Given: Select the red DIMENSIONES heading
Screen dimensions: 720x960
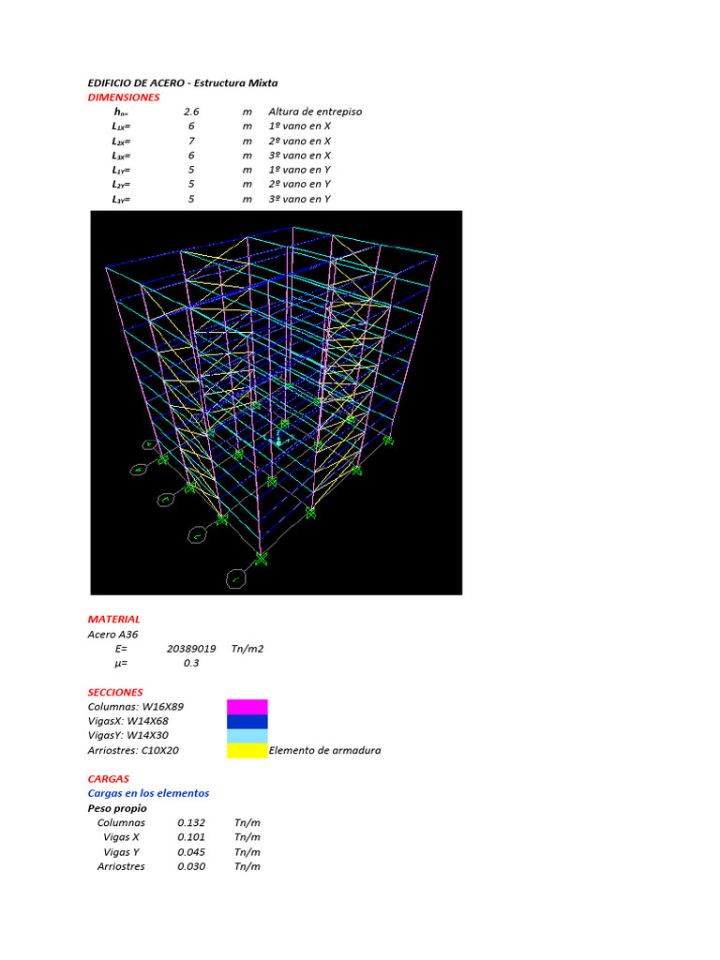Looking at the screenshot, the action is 123,97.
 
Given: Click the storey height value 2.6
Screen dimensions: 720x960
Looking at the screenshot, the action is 191,112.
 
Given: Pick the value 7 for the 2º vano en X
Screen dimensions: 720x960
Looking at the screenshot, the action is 191,141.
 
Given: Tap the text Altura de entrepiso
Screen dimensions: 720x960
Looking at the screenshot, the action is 314,112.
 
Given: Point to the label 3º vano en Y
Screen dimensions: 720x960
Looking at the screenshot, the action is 299,199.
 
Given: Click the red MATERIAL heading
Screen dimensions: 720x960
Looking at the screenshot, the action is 113,619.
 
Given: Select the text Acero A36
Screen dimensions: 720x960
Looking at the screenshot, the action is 112,634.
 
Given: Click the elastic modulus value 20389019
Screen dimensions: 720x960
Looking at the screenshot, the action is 191,648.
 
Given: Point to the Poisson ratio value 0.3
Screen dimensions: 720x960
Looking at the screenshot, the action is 191,663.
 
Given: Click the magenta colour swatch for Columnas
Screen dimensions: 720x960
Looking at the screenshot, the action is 247,706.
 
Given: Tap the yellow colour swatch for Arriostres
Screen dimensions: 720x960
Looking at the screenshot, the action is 247,750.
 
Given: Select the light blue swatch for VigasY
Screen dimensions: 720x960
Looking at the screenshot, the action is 247,736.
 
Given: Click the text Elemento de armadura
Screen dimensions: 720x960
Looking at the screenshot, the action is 324,750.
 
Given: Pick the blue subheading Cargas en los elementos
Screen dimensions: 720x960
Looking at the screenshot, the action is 148,793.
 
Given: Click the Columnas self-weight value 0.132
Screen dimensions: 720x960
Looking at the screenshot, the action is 191,822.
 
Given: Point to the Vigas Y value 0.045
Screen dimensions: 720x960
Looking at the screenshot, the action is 191,851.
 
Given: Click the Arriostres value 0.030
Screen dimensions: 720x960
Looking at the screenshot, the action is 191,866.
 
